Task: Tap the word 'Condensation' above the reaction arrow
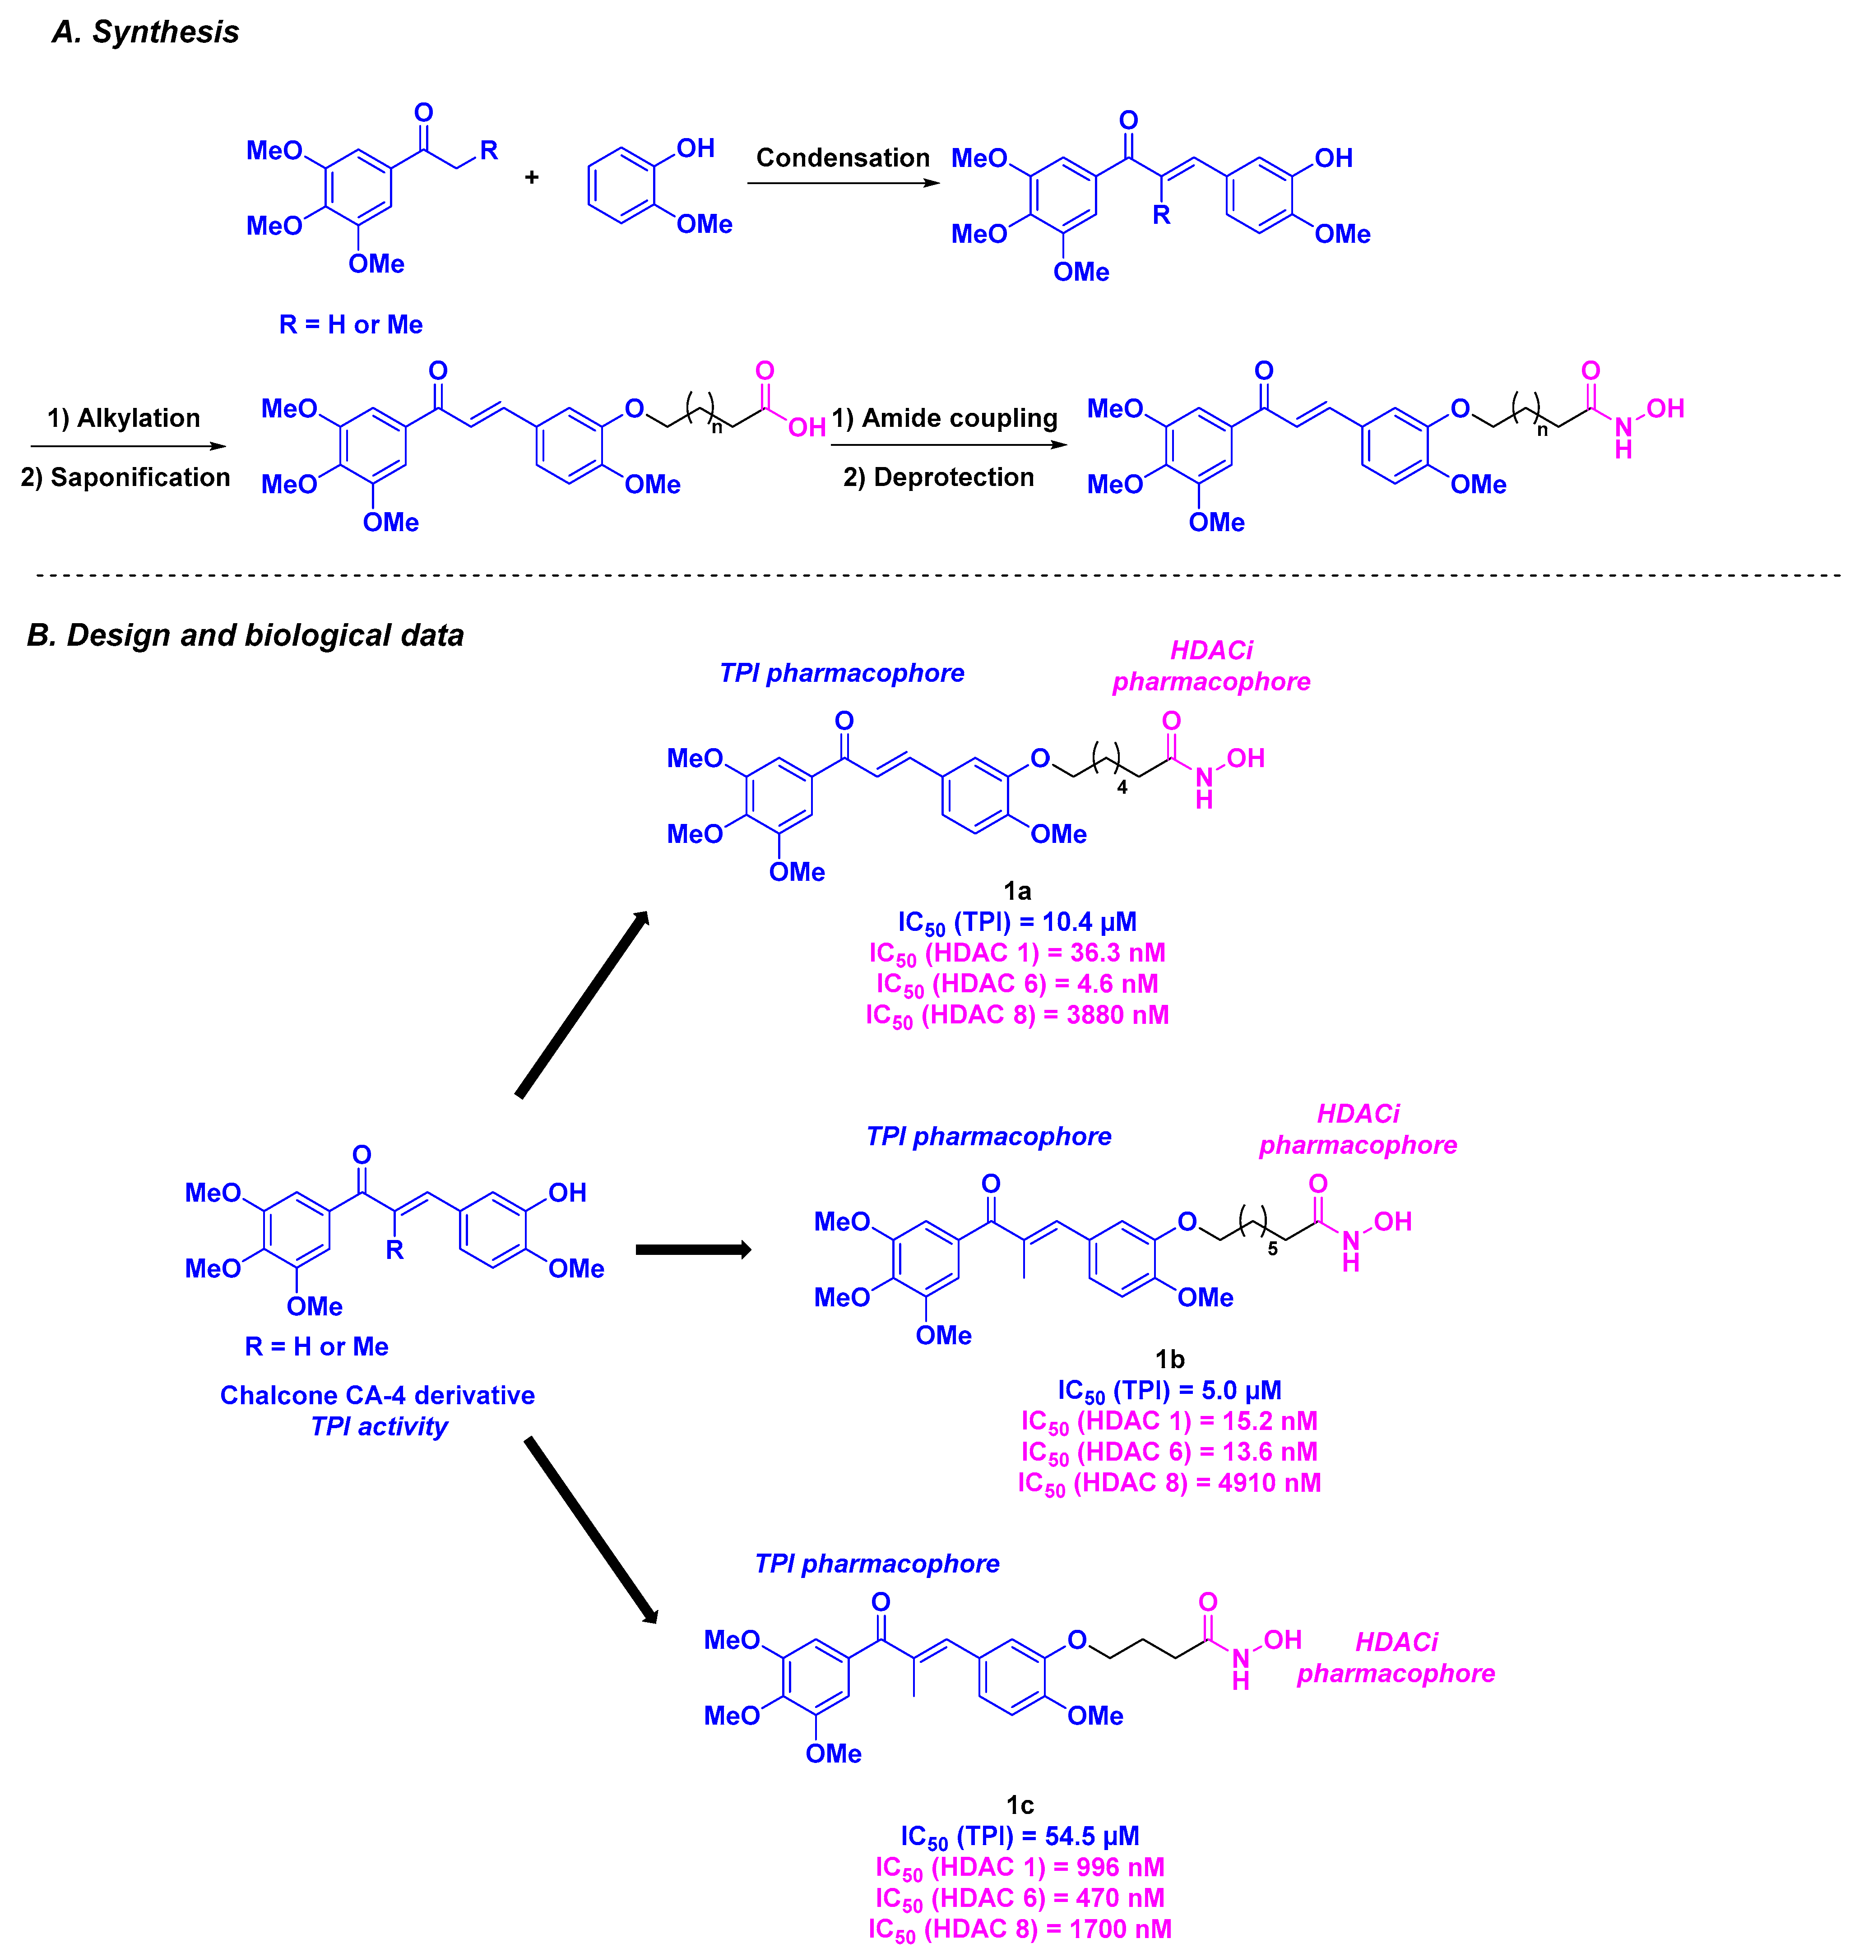click(843, 158)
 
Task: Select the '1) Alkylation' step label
click(124, 418)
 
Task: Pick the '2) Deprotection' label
click(939, 478)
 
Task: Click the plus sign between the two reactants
click(532, 178)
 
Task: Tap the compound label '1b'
click(1169, 1359)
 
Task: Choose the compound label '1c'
click(1020, 1805)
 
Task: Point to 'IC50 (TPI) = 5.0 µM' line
click(1169, 1391)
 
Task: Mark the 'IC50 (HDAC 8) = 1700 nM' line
click(1020, 1929)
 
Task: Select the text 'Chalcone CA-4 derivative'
click(378, 1396)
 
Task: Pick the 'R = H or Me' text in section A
click(351, 325)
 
